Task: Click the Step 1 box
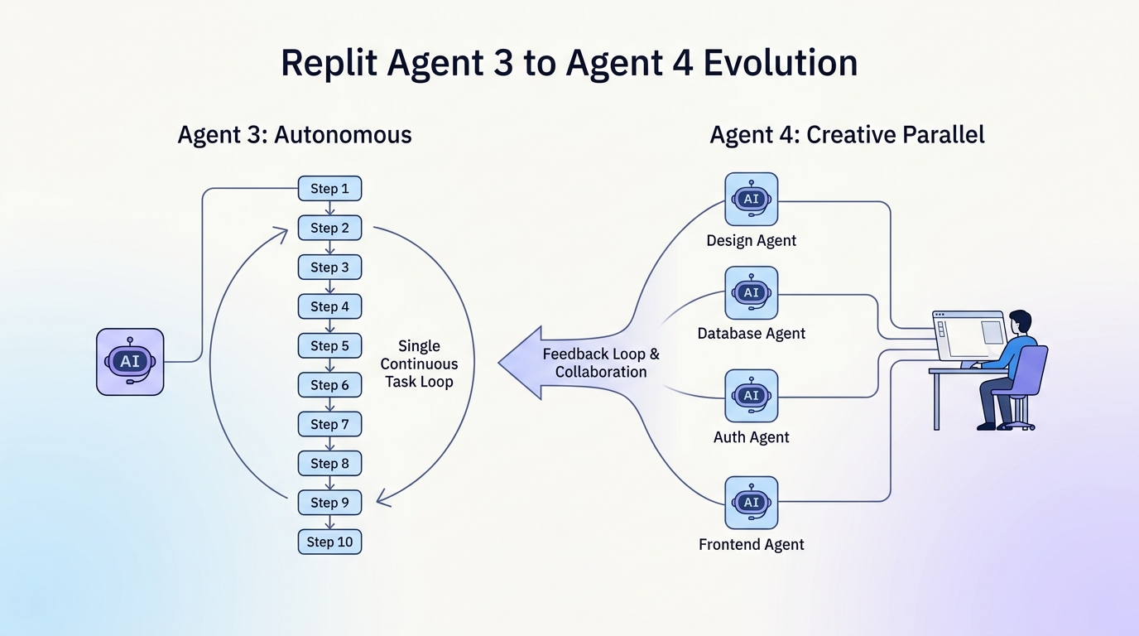(329, 189)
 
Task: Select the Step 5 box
(329, 345)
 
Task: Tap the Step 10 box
(329, 542)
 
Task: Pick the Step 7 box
(329, 424)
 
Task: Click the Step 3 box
(329, 267)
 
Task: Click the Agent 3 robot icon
(130, 362)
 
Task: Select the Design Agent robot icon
(751, 199)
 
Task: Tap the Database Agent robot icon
(751, 292)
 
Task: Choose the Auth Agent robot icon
(751, 396)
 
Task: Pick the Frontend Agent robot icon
(751, 503)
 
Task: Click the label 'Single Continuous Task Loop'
(419, 364)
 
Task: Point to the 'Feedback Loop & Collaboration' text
(601, 363)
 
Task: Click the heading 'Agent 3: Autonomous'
(295, 135)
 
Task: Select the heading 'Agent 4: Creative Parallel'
(847, 135)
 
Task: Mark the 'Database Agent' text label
(751, 334)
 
